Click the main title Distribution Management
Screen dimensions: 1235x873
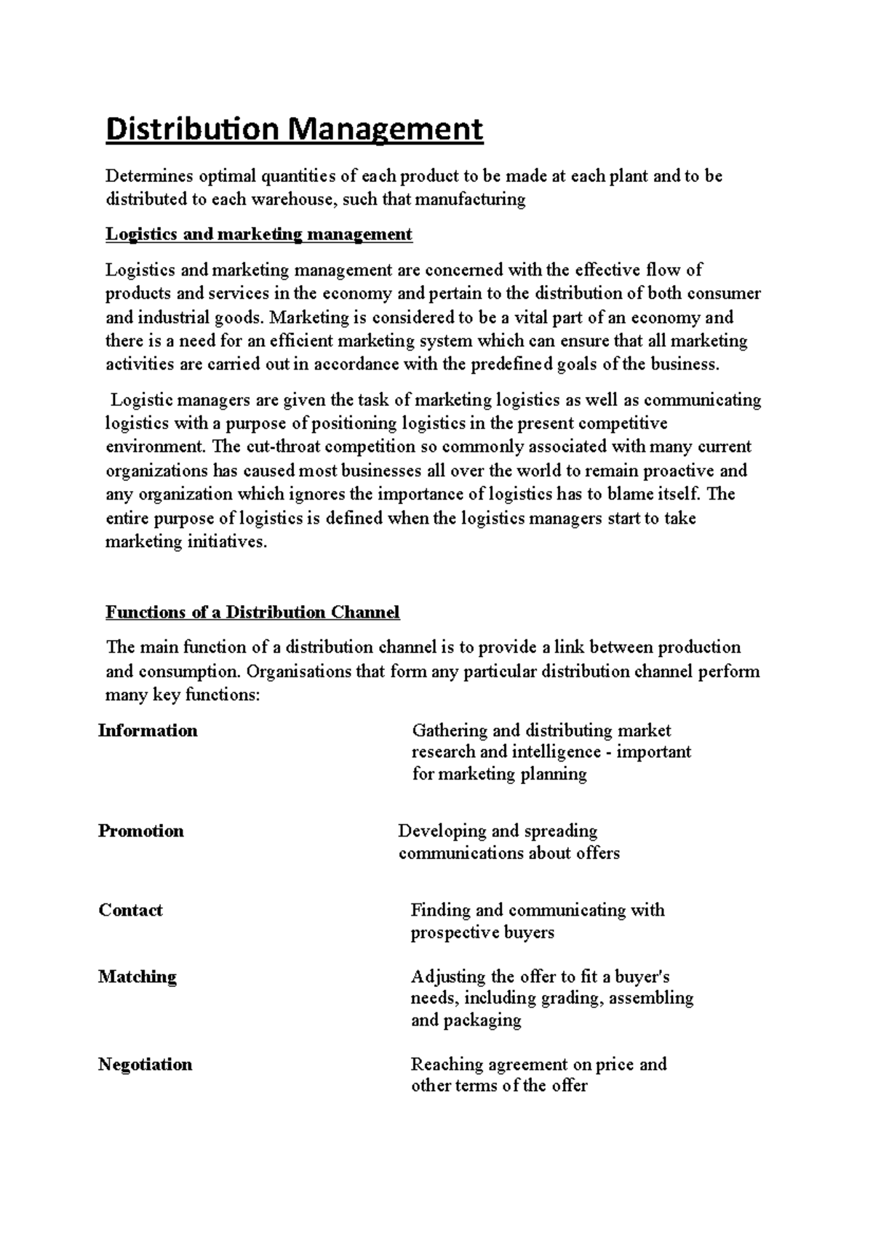click(295, 129)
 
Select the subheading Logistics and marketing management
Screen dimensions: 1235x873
click(259, 234)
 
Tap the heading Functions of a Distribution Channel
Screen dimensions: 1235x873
click(252, 612)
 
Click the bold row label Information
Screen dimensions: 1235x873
click(148, 730)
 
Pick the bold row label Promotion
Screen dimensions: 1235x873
click(140, 831)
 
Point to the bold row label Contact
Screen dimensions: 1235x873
click(130, 910)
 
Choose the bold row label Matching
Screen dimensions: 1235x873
click(137, 976)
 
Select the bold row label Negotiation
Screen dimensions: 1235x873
click(145, 1064)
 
